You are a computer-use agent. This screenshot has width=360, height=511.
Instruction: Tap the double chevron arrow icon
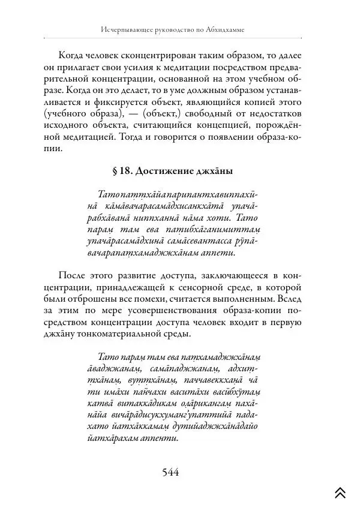point(340,492)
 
